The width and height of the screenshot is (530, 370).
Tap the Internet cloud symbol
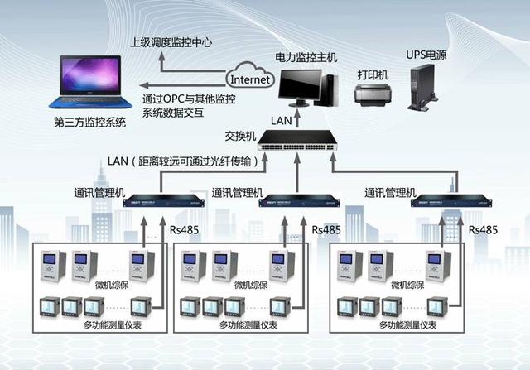[249, 79]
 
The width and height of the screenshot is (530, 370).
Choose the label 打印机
[373, 74]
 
